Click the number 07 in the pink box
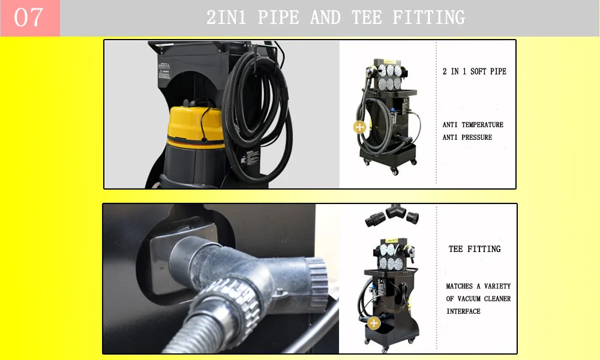[x=28, y=17]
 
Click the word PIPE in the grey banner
[x=278, y=17]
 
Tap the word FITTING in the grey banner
[x=429, y=17]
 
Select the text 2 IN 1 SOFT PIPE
[x=475, y=71]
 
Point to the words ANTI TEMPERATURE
[x=473, y=125]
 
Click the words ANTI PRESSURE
[x=467, y=137]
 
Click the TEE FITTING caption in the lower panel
[x=475, y=249]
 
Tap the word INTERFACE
[x=463, y=311]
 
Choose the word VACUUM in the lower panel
[x=469, y=299]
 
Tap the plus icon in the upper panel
[x=359, y=127]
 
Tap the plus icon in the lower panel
[x=374, y=323]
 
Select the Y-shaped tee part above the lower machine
[x=395, y=211]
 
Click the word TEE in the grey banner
[x=367, y=17]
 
